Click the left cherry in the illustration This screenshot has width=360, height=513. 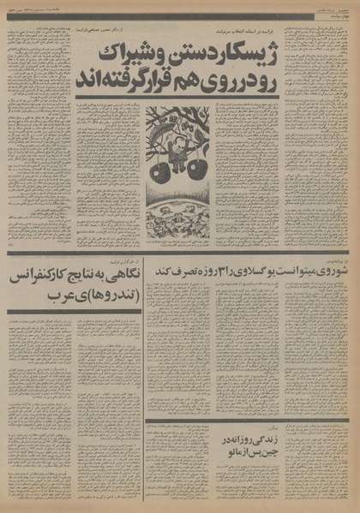161,169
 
